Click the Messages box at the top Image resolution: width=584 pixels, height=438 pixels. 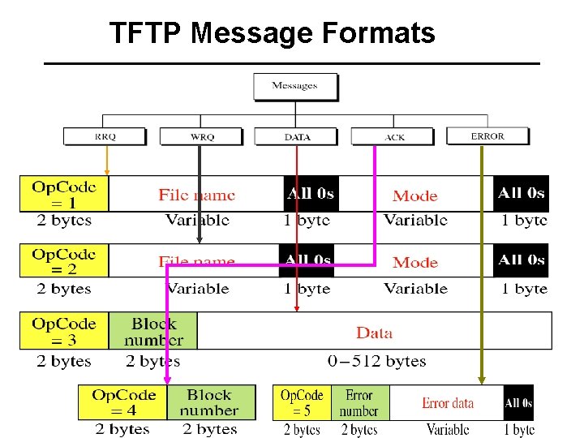295,86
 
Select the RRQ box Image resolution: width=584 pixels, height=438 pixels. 105,136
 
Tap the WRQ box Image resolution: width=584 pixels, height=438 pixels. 202,137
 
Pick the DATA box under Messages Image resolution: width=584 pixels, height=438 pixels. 298,137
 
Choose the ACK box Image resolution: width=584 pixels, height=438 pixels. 394,137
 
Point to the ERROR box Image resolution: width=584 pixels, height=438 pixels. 487,136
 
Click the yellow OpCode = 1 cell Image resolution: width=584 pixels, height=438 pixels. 64,194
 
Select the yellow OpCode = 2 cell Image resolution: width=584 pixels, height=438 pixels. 64,261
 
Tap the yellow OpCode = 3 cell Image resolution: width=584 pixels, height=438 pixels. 64,331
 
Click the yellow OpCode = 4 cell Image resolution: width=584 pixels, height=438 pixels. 123,402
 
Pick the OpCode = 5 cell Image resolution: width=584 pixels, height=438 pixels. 302,402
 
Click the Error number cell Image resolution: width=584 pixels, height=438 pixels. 359,402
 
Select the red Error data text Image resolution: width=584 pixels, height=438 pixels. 448,403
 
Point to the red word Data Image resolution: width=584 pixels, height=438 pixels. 374,333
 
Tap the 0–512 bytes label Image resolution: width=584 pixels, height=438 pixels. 376,361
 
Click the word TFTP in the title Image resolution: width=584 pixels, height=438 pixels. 147,33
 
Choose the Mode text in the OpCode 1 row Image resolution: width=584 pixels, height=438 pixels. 414,195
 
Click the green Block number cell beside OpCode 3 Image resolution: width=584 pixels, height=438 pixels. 153,331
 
